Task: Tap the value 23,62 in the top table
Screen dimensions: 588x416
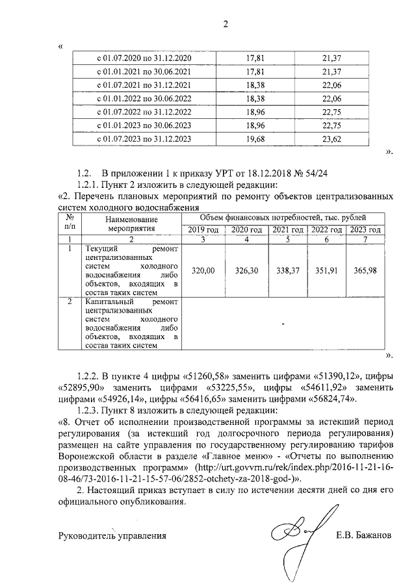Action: (332, 139)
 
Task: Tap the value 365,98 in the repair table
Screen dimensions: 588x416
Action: (365, 270)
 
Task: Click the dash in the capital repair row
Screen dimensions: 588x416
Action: (283, 323)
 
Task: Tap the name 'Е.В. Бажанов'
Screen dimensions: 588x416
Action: (363, 536)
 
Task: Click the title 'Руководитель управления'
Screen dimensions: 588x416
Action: (112, 536)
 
